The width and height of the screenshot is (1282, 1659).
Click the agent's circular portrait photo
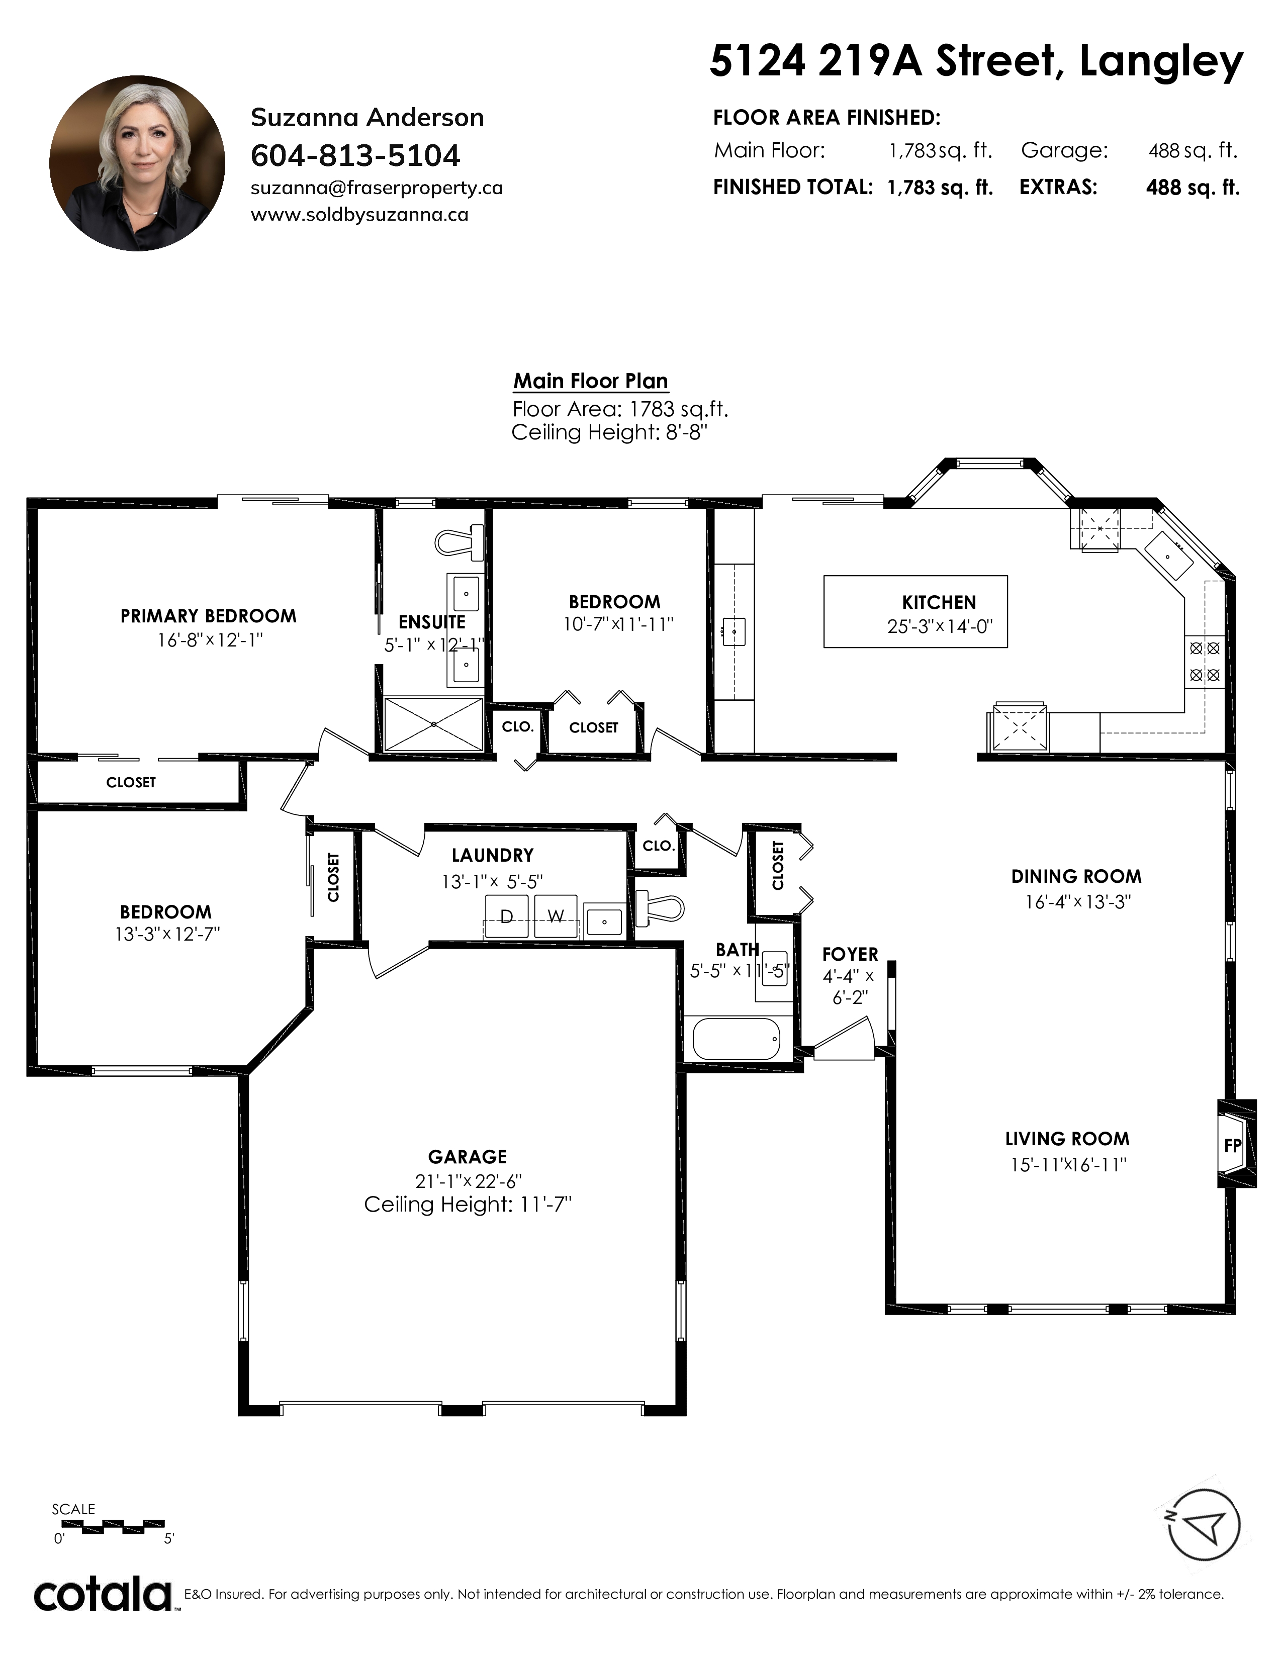(137, 163)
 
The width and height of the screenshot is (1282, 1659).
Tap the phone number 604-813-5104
(355, 156)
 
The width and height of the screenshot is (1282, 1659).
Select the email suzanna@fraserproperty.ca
(377, 189)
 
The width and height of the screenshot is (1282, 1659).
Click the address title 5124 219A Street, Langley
(976, 61)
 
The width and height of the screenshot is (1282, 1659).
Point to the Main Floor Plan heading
(591, 382)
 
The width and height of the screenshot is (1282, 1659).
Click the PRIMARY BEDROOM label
(208, 616)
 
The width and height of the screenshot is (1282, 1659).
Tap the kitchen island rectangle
(916, 611)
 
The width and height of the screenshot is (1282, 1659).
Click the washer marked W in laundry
(556, 917)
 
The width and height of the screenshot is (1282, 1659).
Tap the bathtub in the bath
(737, 1039)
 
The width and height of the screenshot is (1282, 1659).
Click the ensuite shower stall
(434, 724)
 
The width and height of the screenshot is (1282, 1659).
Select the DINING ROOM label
(1076, 877)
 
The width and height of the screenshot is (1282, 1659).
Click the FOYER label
(850, 955)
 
